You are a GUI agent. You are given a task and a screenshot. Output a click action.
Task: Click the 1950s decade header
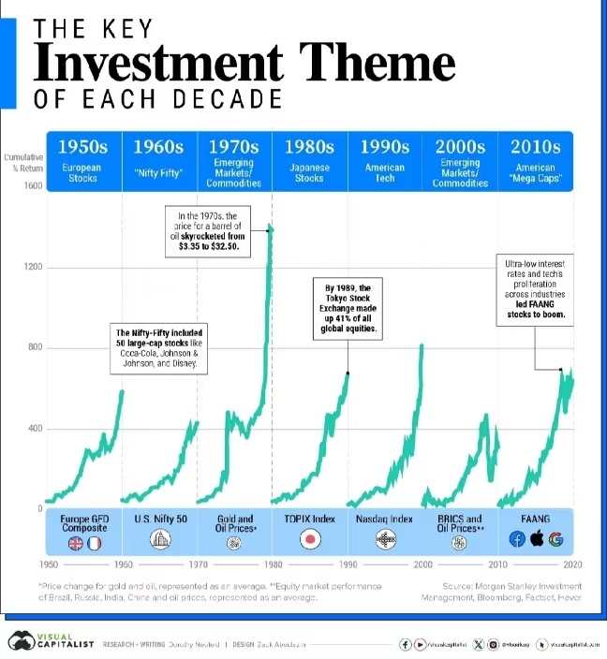(82, 147)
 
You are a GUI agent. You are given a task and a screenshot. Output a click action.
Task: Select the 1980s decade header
(309, 147)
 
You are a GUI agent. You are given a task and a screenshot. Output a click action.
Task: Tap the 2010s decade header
(535, 147)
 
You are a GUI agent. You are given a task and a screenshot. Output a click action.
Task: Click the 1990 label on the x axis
(348, 565)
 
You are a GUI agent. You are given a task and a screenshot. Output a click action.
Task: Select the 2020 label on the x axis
(572, 565)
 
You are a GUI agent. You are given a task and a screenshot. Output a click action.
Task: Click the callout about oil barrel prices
(209, 231)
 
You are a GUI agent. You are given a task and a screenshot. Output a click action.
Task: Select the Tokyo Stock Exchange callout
(348, 308)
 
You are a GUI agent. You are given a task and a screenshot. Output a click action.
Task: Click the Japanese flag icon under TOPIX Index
(310, 539)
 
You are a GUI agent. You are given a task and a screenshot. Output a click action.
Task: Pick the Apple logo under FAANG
(536, 539)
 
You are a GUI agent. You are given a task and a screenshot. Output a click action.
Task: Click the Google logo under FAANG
(555, 539)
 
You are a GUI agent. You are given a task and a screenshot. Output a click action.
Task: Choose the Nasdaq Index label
(384, 519)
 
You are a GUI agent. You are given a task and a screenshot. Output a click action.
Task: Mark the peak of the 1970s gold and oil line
(270, 227)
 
